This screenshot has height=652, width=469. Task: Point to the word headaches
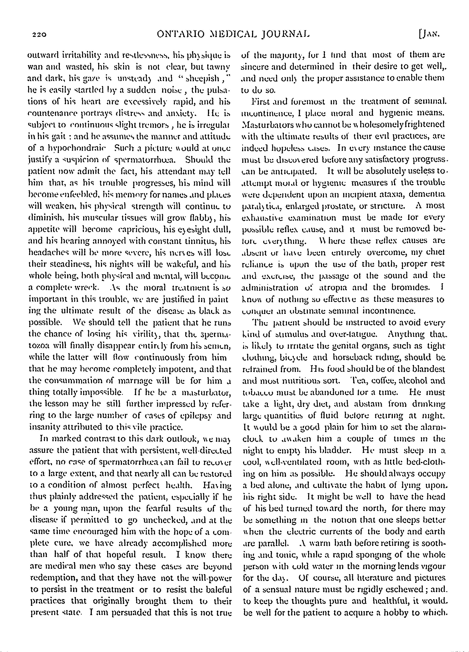point(49,253)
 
